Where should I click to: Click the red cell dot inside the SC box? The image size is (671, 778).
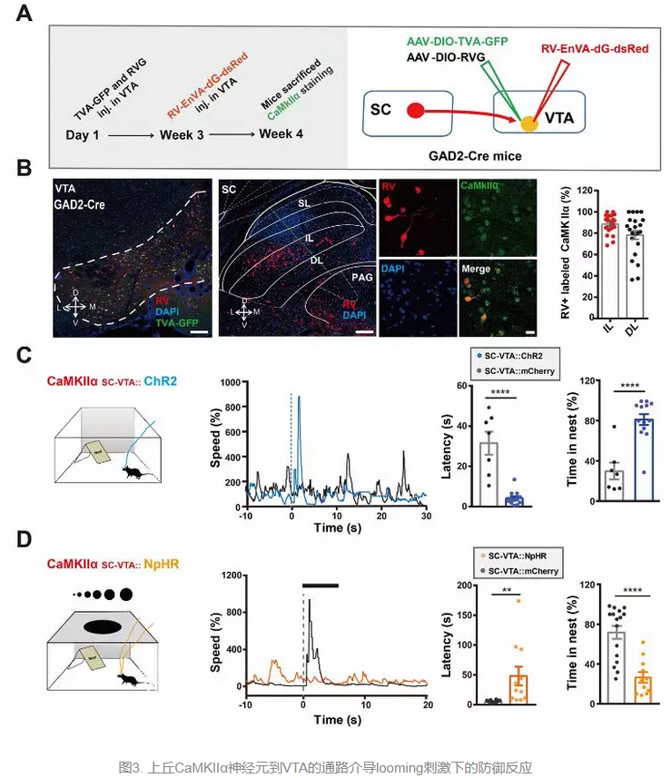[x=414, y=111]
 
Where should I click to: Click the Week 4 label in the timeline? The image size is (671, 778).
[x=281, y=133]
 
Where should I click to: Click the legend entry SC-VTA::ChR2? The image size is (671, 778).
[x=515, y=359]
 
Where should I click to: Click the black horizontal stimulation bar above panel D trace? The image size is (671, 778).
[x=321, y=586]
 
